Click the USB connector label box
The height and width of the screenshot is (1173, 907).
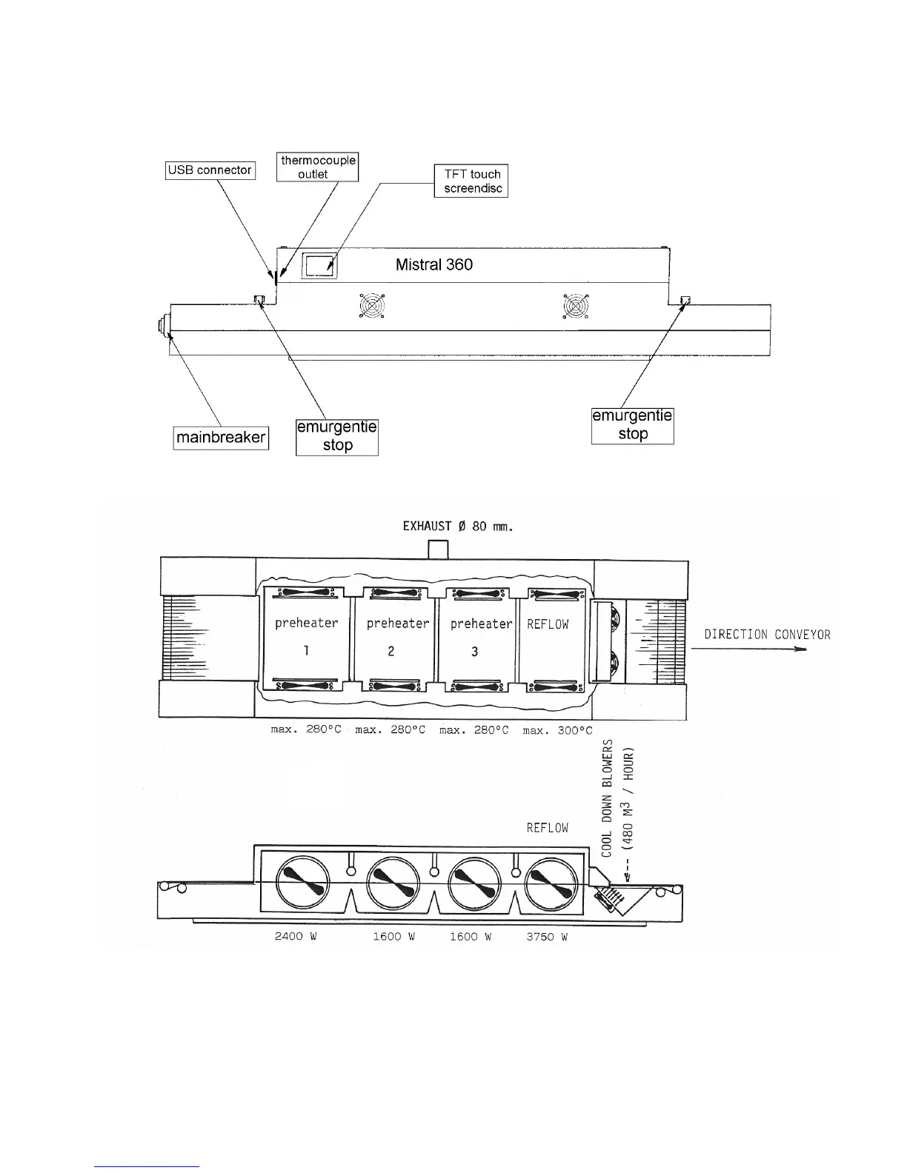(x=210, y=170)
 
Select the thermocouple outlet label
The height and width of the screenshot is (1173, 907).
(x=318, y=167)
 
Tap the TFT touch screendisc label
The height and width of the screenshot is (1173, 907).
(x=471, y=181)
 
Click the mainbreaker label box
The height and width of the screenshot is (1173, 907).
(x=221, y=438)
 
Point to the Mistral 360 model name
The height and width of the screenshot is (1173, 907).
(x=434, y=264)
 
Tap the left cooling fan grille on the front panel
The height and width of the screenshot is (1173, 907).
(x=373, y=306)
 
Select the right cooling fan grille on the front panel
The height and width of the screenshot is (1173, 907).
(x=577, y=306)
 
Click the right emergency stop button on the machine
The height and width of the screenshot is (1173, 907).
(x=685, y=301)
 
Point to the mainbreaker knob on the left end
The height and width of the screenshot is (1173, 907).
(x=162, y=327)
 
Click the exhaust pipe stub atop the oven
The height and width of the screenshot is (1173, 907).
(x=439, y=550)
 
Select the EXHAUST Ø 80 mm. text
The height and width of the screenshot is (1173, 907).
(x=457, y=527)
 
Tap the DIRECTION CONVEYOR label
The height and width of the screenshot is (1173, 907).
(x=767, y=635)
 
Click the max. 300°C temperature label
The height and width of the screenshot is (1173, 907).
(x=557, y=730)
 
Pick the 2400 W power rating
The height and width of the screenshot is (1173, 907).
(x=296, y=937)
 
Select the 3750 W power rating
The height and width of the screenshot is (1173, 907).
(x=547, y=937)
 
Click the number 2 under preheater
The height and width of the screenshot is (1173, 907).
(x=391, y=651)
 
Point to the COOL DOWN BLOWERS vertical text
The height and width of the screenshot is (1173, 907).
(x=607, y=798)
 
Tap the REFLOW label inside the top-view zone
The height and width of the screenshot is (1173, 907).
(x=548, y=624)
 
